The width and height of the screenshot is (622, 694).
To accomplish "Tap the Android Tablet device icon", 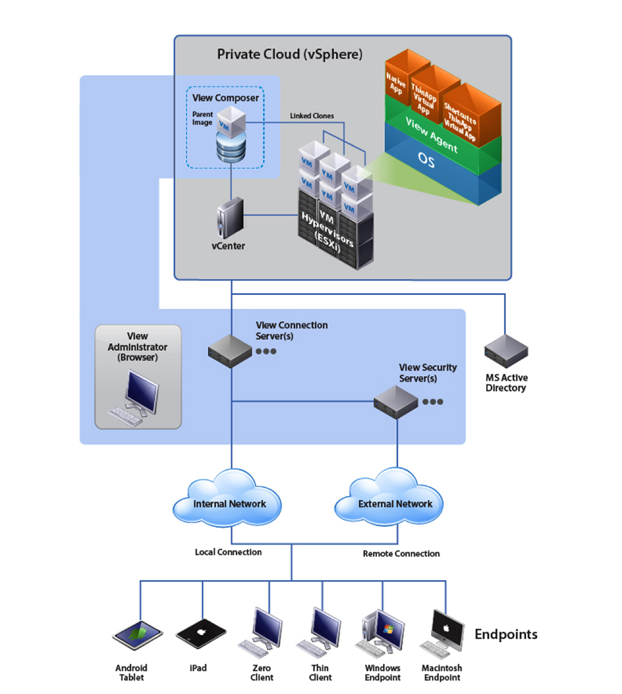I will click(x=137, y=635).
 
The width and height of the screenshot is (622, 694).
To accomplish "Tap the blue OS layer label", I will click(x=427, y=160).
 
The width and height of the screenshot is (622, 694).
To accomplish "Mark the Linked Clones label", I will click(x=312, y=115).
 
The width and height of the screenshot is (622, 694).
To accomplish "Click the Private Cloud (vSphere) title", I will click(x=289, y=54).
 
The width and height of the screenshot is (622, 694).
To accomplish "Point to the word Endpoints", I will click(x=506, y=635).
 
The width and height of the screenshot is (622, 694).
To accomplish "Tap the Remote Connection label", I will click(x=401, y=553).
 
